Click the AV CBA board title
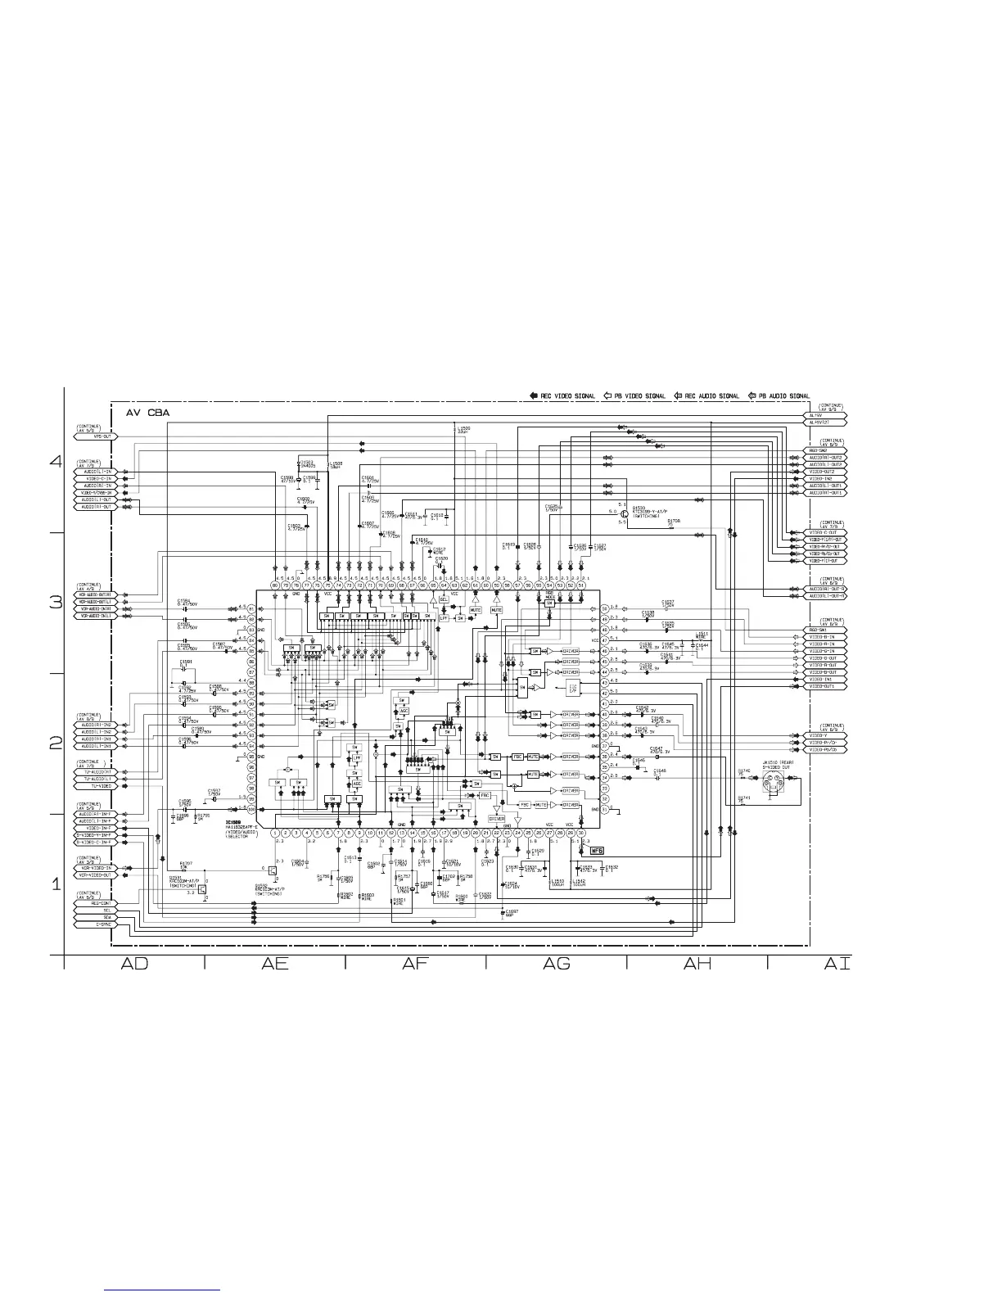click(147, 413)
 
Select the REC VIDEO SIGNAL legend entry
click(563, 396)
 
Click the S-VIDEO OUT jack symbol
click(773, 787)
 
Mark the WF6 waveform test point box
click(597, 849)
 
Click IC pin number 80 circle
click(275, 585)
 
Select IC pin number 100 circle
click(252, 809)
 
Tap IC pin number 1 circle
click(275, 833)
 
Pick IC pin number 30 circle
click(581, 833)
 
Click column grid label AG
click(557, 964)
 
